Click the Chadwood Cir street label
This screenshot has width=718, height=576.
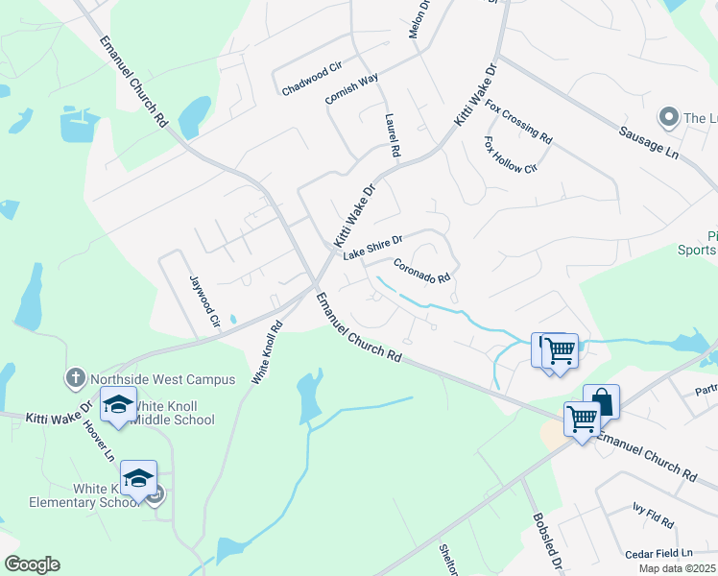(312, 79)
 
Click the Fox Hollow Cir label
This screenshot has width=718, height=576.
(510, 155)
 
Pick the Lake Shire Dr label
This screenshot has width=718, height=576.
(372, 248)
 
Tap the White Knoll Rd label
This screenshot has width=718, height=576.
(265, 353)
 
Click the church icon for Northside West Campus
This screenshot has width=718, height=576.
(76, 378)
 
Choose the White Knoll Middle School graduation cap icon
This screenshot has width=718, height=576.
(119, 404)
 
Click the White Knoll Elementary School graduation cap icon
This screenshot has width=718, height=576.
(138, 478)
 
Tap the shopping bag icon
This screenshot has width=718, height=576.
(601, 401)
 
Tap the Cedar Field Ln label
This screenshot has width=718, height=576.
(658, 554)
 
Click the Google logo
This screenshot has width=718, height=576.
(32, 564)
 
